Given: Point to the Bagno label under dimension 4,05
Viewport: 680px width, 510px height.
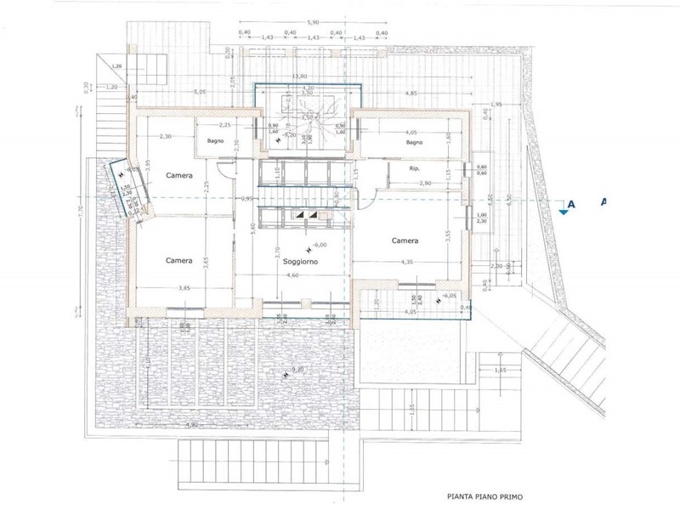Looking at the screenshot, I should tap(415, 143).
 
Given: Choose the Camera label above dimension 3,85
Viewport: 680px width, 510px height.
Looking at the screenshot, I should tap(178, 260).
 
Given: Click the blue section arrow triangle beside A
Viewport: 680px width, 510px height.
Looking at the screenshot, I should tap(564, 212).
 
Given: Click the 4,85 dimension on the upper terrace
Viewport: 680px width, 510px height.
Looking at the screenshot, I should tap(411, 93).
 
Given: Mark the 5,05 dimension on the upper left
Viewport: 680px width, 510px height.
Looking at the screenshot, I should tap(199, 92).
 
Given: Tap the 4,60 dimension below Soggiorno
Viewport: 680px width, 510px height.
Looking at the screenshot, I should tap(292, 276).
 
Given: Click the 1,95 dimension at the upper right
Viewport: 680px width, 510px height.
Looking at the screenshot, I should tap(497, 105).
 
